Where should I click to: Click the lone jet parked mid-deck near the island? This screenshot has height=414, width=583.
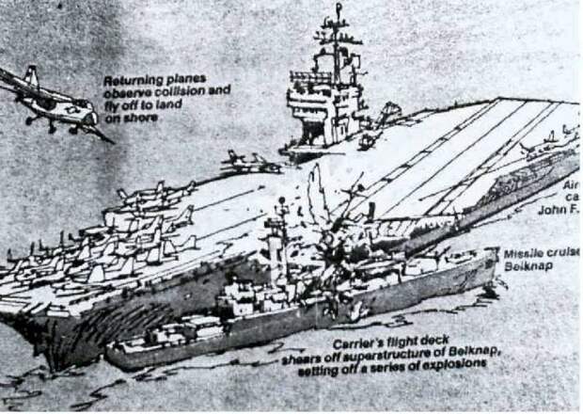tap(249, 162)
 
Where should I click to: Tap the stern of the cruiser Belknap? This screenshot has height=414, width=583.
tap(118, 356)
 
